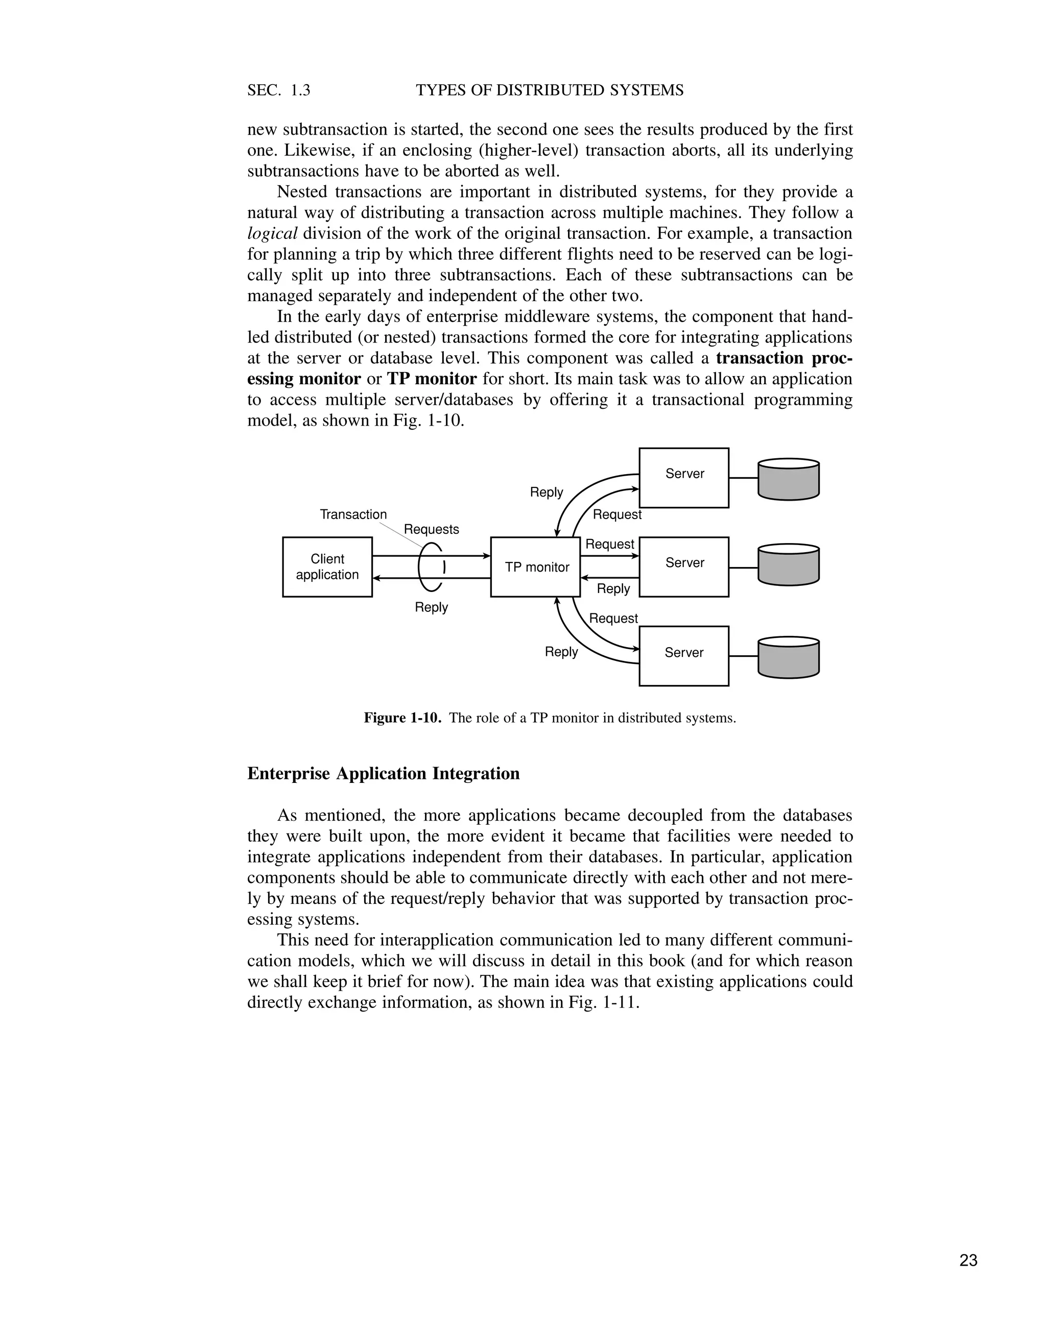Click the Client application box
(x=327, y=567)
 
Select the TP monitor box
(x=535, y=567)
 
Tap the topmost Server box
(x=683, y=477)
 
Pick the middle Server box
(x=683, y=567)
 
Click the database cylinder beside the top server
(x=788, y=479)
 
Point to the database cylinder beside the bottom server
(x=788, y=657)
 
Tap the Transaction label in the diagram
(x=353, y=514)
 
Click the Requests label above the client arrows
(x=431, y=529)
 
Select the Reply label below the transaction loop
(x=431, y=607)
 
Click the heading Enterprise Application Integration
(x=384, y=774)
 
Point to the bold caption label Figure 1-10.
(x=402, y=718)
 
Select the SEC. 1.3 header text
(x=279, y=90)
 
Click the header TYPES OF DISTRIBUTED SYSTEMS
(x=550, y=90)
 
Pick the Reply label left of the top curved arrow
(x=546, y=492)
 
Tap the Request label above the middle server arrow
(x=609, y=544)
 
